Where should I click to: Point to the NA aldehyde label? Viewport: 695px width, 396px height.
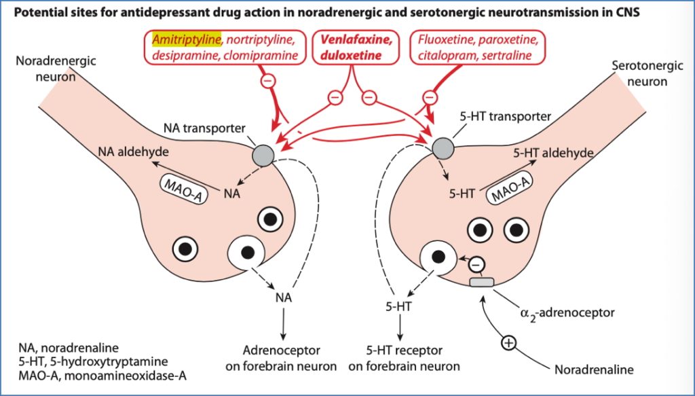tap(133, 152)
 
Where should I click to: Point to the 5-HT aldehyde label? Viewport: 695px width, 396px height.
tap(555, 154)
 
